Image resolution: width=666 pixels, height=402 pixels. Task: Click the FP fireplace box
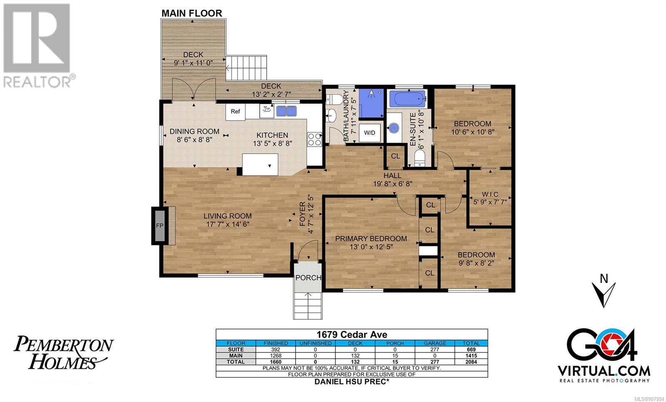point(160,225)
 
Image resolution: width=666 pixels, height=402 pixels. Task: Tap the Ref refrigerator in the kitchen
point(235,112)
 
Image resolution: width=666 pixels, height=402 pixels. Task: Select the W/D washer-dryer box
point(370,133)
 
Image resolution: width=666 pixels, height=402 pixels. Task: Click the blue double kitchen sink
point(286,111)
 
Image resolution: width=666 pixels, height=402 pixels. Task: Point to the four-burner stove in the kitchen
point(314,139)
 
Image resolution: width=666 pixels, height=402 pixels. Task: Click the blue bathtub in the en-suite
point(408,99)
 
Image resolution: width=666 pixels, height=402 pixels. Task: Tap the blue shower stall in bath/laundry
point(371,103)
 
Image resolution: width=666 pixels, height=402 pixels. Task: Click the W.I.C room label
point(490,194)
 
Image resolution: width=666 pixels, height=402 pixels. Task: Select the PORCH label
point(308,277)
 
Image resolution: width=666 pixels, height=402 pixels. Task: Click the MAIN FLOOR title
point(192,13)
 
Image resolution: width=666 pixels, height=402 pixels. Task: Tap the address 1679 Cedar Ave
point(352,335)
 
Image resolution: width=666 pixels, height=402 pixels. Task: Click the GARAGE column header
point(435,343)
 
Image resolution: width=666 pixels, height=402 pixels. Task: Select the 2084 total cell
point(471,362)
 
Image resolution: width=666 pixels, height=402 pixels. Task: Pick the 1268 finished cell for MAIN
point(276,356)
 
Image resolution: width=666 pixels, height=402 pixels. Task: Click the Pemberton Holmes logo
point(63,352)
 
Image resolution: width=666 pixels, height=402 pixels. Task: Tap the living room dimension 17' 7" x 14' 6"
point(228,224)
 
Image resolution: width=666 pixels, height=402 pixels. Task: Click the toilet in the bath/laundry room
point(333,99)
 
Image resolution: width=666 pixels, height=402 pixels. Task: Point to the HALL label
point(392,175)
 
